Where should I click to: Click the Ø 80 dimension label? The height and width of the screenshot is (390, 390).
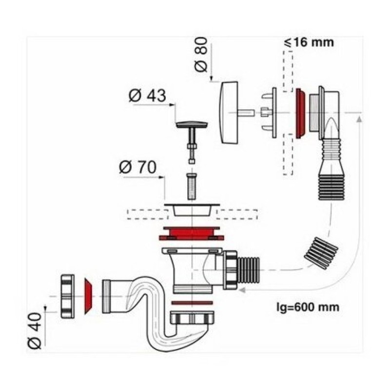tap(201, 55)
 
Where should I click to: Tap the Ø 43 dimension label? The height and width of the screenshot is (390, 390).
tap(147, 96)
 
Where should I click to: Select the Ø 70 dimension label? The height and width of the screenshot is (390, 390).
tap(138, 167)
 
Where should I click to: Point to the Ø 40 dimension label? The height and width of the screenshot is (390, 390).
tap(35, 331)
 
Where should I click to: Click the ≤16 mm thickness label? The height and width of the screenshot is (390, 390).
tap(309, 42)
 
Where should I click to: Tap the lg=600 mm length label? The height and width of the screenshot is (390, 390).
tap(308, 307)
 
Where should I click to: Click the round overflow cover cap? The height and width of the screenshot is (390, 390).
tap(228, 113)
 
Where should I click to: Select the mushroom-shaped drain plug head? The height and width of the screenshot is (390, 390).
tap(192, 125)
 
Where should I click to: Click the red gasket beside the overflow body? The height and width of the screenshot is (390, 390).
tap(300, 113)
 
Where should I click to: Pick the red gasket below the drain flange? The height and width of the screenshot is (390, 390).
tap(192, 234)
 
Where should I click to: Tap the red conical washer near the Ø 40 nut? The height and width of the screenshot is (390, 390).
tap(88, 296)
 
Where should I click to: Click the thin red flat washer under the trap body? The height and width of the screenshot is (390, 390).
tap(192, 303)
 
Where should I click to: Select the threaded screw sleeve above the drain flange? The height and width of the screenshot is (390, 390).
tap(192, 186)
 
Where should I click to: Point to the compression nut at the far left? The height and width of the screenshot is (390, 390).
tap(67, 296)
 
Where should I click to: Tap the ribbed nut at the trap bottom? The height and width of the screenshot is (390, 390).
tap(192, 317)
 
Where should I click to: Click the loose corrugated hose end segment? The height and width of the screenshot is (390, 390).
tap(321, 253)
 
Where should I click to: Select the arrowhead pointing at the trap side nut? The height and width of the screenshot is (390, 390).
tap(242, 290)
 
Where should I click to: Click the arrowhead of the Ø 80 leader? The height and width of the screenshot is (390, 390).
tap(211, 78)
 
